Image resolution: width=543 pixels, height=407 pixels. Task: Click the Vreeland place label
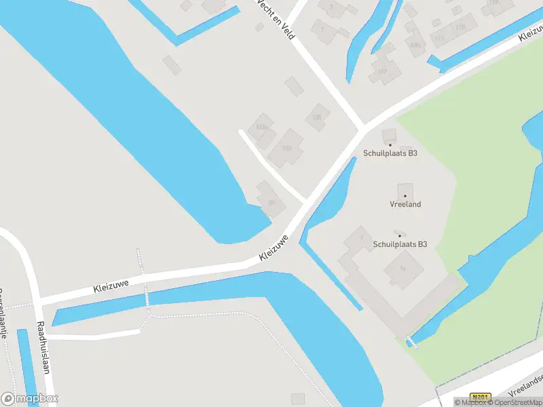[406, 204]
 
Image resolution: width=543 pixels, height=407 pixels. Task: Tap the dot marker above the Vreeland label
[405, 195]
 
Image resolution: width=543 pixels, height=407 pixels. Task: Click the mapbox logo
[29, 398]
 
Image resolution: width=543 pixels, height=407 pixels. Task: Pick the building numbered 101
[271, 201]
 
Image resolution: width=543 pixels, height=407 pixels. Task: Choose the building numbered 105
[317, 117]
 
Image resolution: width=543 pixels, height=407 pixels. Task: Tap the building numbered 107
[382, 71]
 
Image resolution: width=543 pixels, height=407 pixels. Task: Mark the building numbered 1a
[403, 269]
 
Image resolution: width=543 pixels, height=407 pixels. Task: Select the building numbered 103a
[260, 127]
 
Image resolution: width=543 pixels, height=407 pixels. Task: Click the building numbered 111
[439, 38]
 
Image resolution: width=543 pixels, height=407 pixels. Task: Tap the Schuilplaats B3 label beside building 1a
[400, 244]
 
